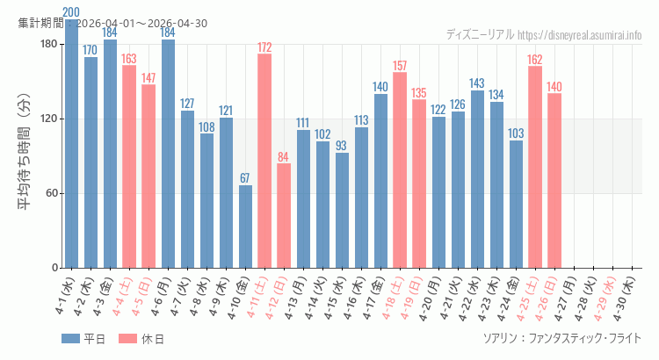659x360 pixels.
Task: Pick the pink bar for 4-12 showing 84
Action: tap(284, 215)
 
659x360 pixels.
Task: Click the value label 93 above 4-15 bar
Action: tap(342, 145)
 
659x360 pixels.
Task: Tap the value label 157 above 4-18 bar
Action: tap(400, 65)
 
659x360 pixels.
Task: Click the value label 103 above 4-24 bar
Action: tap(516, 133)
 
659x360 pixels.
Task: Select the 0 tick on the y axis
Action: tap(54, 268)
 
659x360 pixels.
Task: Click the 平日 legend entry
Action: tap(83, 339)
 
